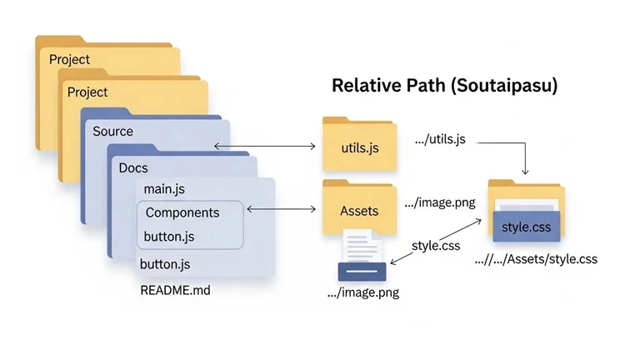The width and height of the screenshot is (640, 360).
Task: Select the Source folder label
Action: (112, 132)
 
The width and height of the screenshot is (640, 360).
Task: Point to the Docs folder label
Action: (133, 168)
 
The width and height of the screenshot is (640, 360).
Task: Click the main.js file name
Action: (164, 190)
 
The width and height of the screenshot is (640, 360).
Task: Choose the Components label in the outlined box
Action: (182, 212)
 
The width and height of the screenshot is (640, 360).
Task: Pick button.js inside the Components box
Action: (169, 236)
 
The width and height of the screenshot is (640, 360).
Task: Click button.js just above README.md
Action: (165, 265)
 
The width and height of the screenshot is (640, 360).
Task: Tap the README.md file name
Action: (175, 292)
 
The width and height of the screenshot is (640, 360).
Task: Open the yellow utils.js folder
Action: (360, 147)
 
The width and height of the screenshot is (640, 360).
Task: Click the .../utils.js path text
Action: (439, 140)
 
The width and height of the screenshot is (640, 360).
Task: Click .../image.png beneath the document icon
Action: (362, 292)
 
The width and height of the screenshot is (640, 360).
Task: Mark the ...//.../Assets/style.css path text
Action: (536, 259)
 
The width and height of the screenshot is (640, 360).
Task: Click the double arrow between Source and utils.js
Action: (265, 147)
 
